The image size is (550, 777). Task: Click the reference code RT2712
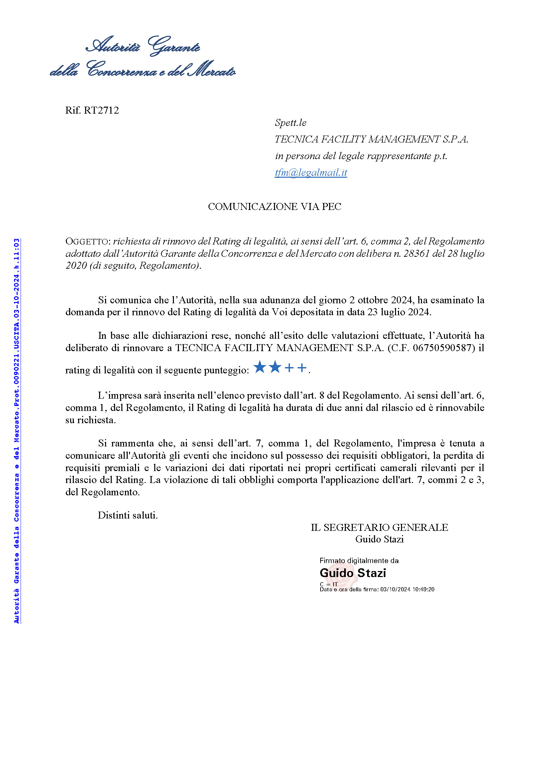[101, 110]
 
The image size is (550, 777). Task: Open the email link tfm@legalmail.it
[311, 173]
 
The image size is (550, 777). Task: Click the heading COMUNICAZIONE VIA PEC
[274, 206]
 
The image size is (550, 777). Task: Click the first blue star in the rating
[260, 367]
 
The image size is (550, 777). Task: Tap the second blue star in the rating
[275, 367]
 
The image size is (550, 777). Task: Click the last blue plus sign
[302, 367]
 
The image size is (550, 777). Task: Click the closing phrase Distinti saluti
[128, 515]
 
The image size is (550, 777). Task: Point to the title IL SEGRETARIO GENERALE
[379, 527]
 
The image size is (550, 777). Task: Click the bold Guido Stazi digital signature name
[352, 573]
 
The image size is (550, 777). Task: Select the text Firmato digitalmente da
[359, 560]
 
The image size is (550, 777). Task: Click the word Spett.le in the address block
[291, 123]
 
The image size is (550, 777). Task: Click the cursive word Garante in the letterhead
[175, 47]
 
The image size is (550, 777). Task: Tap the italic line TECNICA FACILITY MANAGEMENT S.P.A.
[371, 139]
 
